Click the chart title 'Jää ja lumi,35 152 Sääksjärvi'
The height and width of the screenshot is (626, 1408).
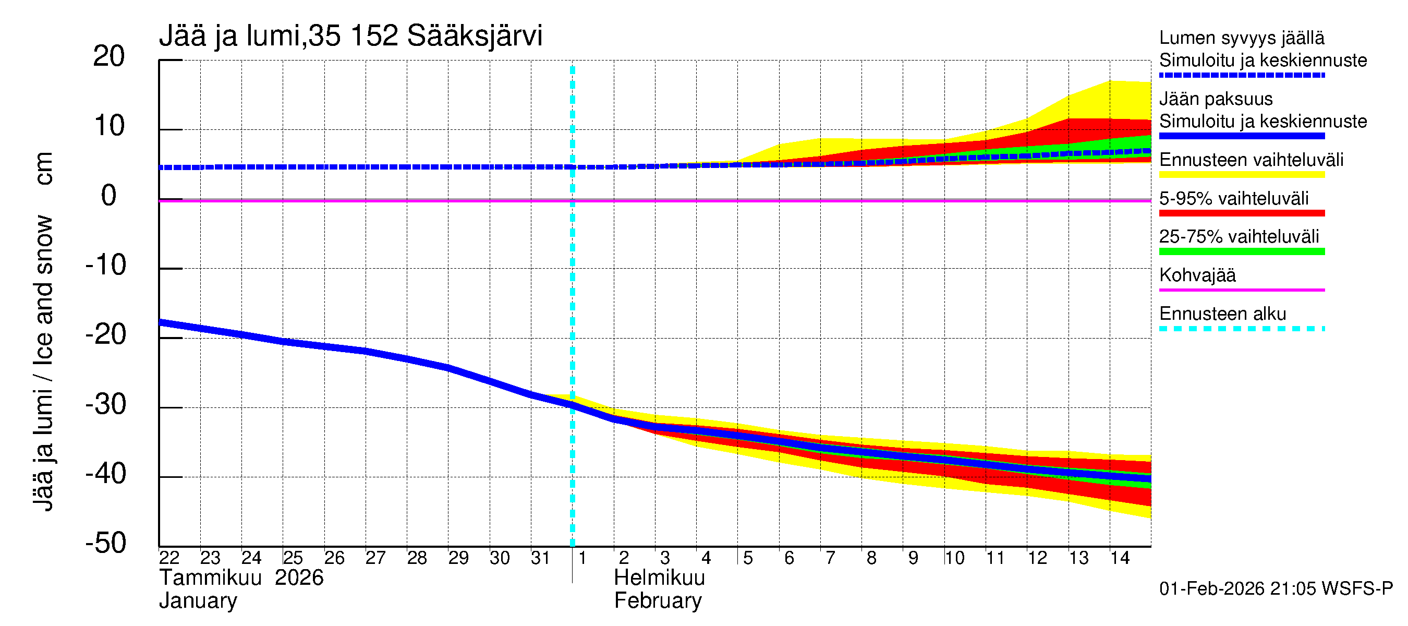[x=350, y=36]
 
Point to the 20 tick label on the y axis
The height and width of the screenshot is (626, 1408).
[x=109, y=56]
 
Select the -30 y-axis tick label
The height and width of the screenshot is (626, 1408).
[x=105, y=405]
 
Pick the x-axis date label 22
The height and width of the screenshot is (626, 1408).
[x=169, y=558]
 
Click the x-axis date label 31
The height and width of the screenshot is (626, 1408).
[x=540, y=558]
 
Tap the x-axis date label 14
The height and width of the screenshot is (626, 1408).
[x=1120, y=558]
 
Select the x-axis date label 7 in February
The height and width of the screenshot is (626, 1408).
[x=830, y=558]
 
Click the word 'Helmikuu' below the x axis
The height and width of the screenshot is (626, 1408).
[x=659, y=578]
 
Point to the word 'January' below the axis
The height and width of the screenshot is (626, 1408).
[x=198, y=601]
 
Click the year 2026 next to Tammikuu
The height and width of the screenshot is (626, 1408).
[x=299, y=578]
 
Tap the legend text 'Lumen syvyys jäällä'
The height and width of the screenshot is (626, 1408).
[x=1242, y=38]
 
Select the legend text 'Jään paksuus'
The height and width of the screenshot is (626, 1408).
[x=1216, y=99]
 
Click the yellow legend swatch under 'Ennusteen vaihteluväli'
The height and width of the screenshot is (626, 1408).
[x=1242, y=175]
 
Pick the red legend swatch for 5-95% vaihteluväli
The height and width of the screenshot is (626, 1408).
[x=1242, y=213]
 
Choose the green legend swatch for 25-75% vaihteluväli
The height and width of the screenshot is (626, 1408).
[x=1242, y=251]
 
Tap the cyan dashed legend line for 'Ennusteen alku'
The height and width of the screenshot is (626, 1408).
[x=1242, y=329]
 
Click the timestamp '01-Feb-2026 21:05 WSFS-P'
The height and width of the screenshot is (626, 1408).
[x=1276, y=589]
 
